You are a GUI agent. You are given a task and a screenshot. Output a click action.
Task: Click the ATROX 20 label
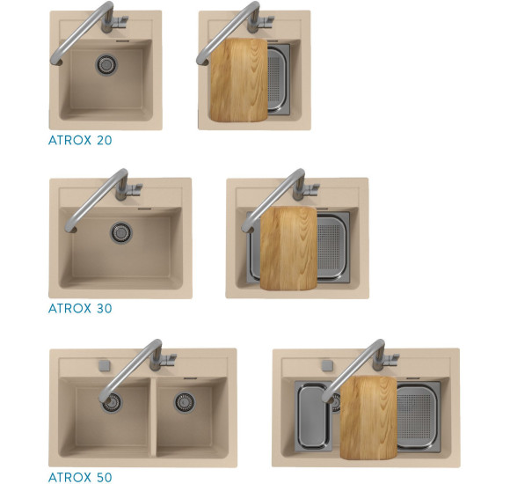[80, 140]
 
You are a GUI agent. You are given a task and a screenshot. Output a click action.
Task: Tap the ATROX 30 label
[80, 308]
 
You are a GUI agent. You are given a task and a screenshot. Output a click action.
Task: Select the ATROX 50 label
[80, 477]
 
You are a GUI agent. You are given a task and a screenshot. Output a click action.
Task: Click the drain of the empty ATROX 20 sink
[106, 64]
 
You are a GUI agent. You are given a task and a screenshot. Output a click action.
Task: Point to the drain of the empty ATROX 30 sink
[121, 232]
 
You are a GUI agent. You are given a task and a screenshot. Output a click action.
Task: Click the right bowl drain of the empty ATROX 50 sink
[185, 403]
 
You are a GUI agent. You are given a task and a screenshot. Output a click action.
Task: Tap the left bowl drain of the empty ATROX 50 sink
[112, 403]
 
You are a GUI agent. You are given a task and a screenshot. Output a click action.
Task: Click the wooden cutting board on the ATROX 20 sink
[239, 80]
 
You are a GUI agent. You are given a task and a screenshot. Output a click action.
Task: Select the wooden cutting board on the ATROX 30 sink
[288, 248]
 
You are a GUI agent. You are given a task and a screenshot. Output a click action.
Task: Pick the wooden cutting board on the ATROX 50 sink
[368, 418]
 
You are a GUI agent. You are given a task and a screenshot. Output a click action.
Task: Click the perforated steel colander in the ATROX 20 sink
[279, 80]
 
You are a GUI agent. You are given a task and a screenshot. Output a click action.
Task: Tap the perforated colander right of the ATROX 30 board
[332, 247]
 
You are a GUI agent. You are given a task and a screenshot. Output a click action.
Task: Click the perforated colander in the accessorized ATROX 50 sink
[419, 417]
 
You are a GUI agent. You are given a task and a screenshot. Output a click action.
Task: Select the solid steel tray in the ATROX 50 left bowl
[313, 416]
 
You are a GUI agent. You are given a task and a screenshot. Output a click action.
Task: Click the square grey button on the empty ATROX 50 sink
[104, 365]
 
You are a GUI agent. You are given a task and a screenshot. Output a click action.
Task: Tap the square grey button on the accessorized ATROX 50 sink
[327, 365]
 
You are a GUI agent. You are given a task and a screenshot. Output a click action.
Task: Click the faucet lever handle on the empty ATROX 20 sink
[120, 21]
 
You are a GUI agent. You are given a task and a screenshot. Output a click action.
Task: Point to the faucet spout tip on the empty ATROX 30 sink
[70, 229]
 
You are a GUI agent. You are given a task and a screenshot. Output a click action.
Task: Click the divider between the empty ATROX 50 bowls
[154, 417]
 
